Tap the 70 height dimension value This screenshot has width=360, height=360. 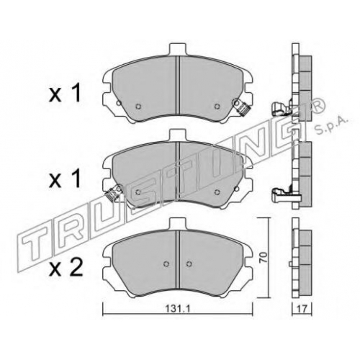264,257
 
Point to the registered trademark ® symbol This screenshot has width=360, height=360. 318,106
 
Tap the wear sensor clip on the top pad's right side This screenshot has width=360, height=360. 241,108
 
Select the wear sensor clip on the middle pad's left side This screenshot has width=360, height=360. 114,192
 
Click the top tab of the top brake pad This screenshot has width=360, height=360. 178,49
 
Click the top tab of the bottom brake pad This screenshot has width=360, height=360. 178,223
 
